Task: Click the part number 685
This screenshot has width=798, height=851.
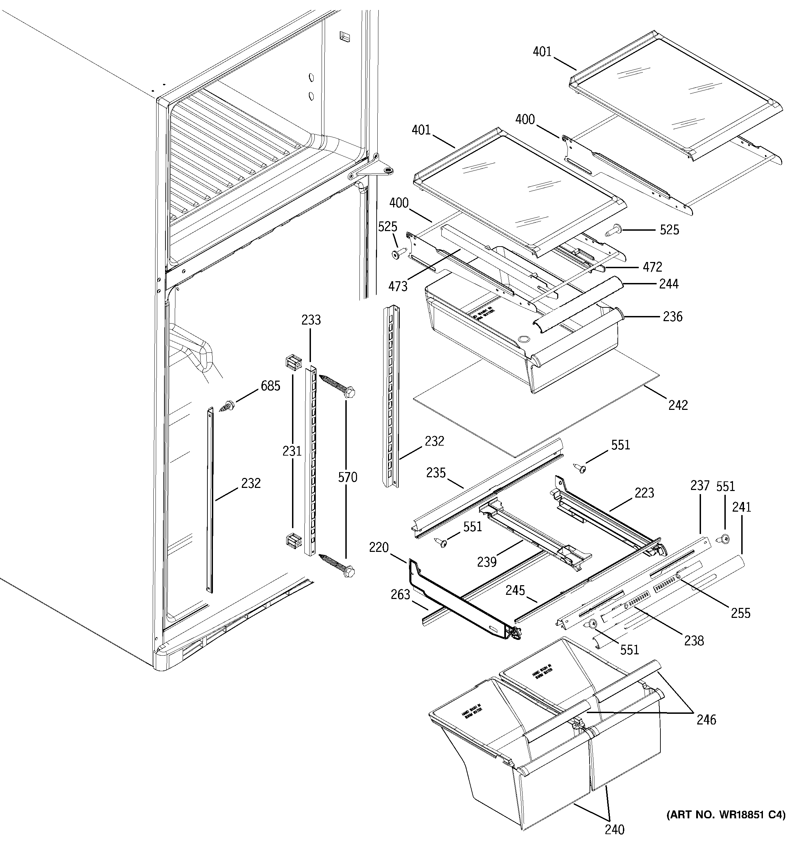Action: (x=270, y=386)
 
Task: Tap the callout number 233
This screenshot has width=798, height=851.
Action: (x=311, y=320)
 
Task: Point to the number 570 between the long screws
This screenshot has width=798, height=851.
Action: (x=347, y=477)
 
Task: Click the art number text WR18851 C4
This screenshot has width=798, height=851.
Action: (x=726, y=815)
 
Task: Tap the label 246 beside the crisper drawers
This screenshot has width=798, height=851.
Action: (x=706, y=720)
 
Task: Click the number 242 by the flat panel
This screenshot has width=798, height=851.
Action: (x=678, y=405)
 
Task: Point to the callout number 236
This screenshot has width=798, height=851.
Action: (x=672, y=317)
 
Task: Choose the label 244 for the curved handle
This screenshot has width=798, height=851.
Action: (x=669, y=284)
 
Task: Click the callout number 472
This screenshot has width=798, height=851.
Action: (x=653, y=267)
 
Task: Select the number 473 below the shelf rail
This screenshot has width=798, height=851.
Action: (x=398, y=286)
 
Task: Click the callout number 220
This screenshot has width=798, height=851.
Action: (x=379, y=547)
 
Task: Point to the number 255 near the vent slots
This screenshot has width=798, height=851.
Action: (x=740, y=613)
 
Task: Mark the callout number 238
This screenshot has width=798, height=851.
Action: (x=693, y=640)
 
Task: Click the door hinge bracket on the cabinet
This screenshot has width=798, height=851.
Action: (x=371, y=170)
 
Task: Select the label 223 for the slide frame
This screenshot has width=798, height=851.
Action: (x=644, y=493)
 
